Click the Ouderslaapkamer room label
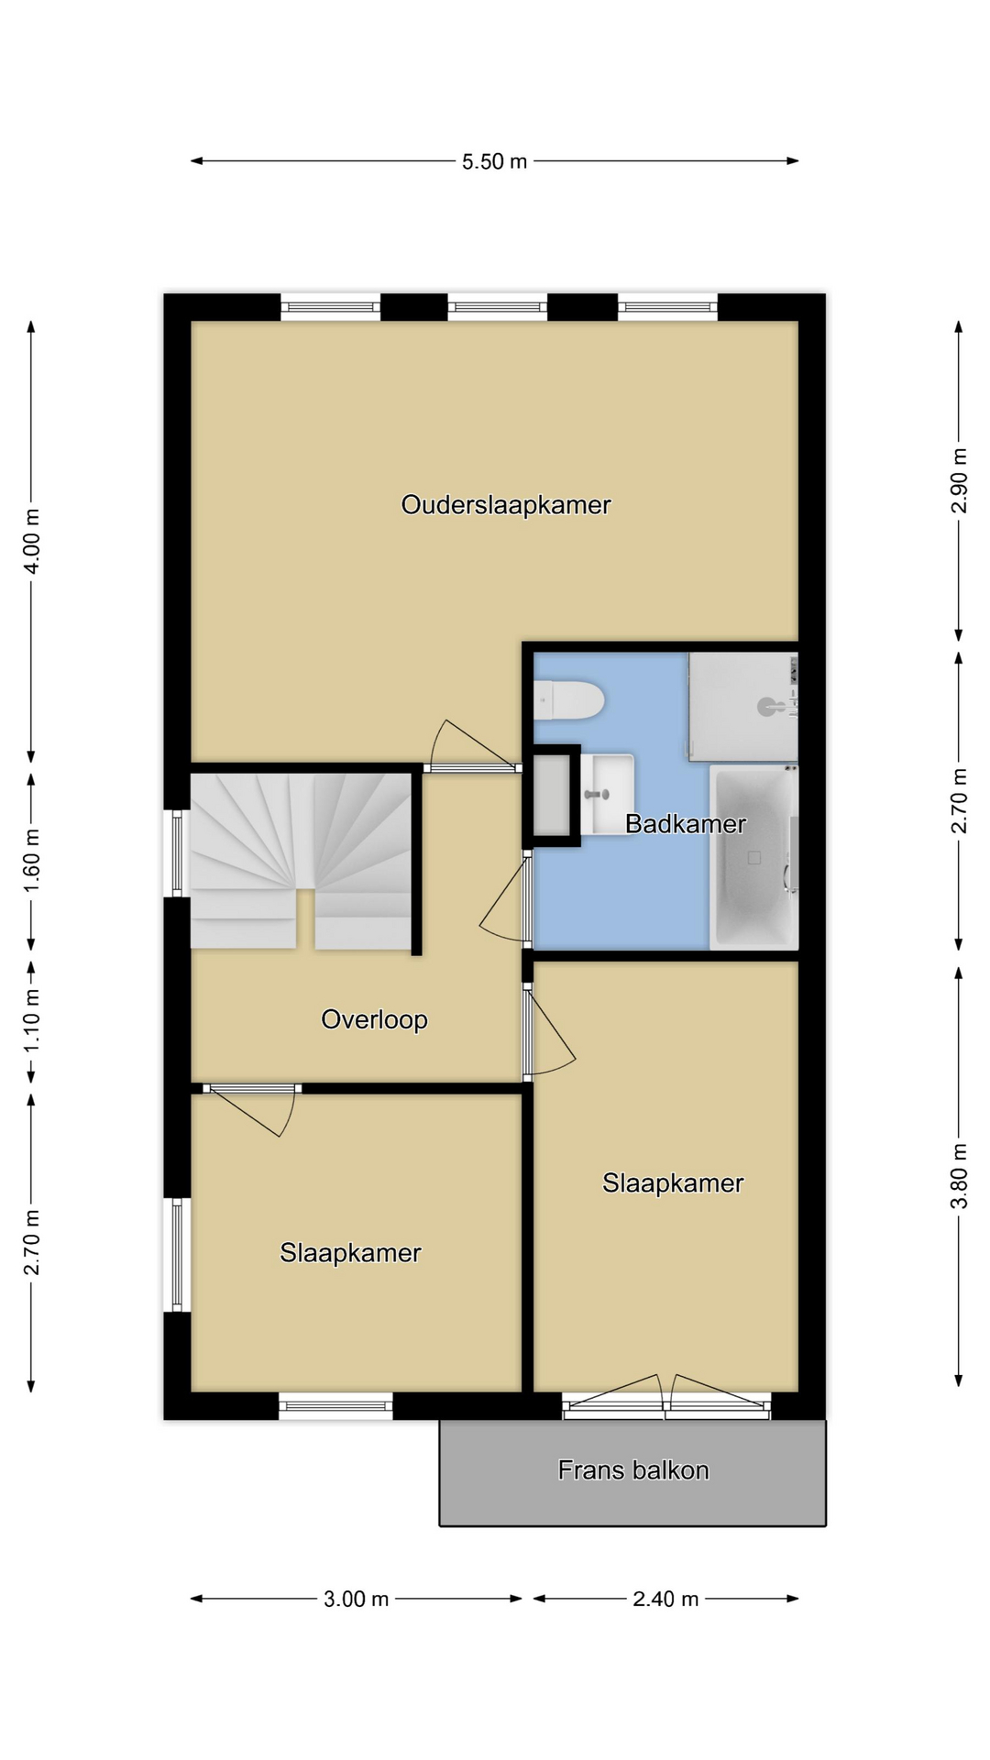tap(506, 505)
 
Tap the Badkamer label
tap(686, 824)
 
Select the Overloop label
tap(374, 1019)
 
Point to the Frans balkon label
tap(633, 1470)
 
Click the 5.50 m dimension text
tap(495, 161)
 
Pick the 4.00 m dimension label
tap(31, 541)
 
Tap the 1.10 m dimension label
tap(31, 1020)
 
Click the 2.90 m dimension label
tap(959, 480)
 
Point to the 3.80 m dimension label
tap(959, 1176)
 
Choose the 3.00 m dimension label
tap(357, 1600)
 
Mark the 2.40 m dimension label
tap(666, 1600)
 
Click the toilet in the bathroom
tap(568, 701)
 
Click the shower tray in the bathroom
tap(743, 707)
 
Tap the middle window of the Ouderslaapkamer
tap(498, 307)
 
